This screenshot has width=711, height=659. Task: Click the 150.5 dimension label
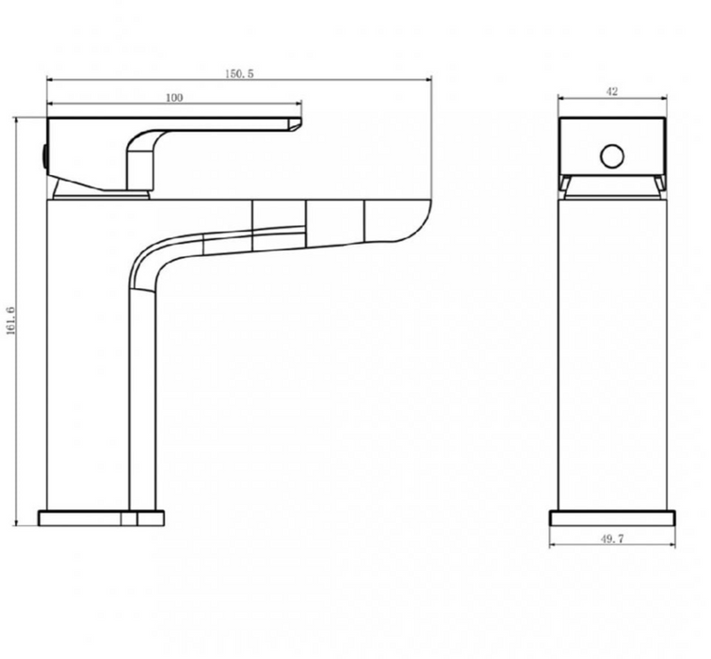[x=239, y=73]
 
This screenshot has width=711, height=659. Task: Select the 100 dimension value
[x=174, y=98]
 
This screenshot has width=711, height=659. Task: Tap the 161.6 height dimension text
[x=11, y=321]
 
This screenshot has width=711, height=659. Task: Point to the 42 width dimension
[x=612, y=91]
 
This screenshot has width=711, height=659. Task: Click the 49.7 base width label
[x=612, y=538]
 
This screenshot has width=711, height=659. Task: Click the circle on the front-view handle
[x=612, y=156]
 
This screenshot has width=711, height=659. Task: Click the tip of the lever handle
[x=299, y=120]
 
